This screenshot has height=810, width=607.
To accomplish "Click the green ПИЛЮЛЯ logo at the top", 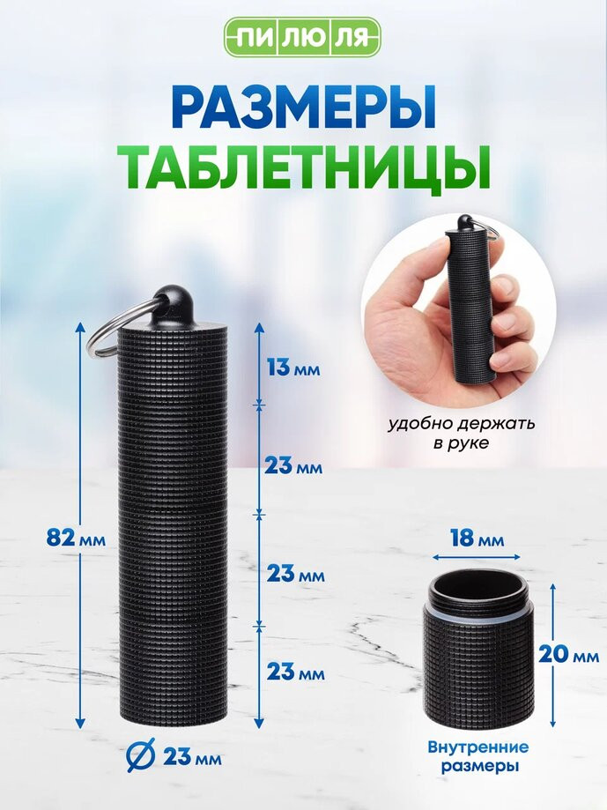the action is point(303,37).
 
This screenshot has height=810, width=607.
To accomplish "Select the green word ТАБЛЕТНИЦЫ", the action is point(303,166).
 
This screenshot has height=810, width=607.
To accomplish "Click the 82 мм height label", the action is point(76,539).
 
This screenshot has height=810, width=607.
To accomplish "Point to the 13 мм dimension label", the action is point(293,368).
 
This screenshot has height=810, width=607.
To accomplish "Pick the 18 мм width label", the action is point(477,538).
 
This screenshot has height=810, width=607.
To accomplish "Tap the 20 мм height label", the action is point(568,656).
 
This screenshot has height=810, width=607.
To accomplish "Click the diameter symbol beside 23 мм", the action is point(141,757).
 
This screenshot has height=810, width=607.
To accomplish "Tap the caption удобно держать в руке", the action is point(461,433).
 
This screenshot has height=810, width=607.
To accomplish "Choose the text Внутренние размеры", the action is point(478,757).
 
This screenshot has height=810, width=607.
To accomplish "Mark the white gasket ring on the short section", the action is point(477,611).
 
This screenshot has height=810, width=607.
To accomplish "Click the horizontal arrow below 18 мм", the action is point(477,557).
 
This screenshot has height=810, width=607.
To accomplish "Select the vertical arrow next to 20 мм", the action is point(552,655).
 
